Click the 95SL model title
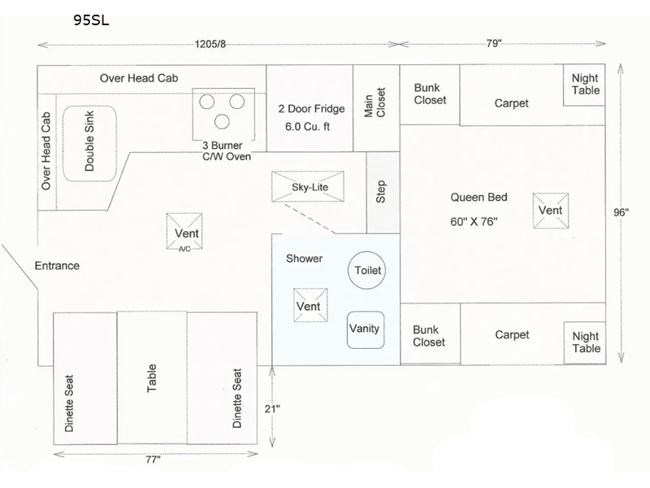pyautogui.click(x=90, y=20)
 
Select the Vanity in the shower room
pyautogui.click(x=365, y=329)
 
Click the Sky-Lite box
pyautogui.click(x=307, y=188)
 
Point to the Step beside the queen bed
pyautogui.click(x=381, y=192)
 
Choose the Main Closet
pyautogui.click(x=375, y=107)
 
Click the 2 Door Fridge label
pyautogui.click(x=312, y=108)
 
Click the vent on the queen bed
pyautogui.click(x=550, y=211)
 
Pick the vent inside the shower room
pyautogui.click(x=308, y=306)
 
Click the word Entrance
pyautogui.click(x=57, y=265)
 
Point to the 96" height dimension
pyautogui.click(x=622, y=212)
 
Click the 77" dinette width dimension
pyautogui.click(x=153, y=460)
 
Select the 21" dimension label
pyautogui.click(x=272, y=408)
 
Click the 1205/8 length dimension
pyautogui.click(x=210, y=44)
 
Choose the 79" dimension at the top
pyautogui.click(x=494, y=44)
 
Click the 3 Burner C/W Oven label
pyautogui.click(x=227, y=150)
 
